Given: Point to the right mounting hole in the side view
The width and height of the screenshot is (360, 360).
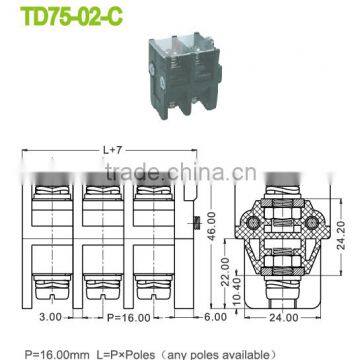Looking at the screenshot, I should tap(322, 204).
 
